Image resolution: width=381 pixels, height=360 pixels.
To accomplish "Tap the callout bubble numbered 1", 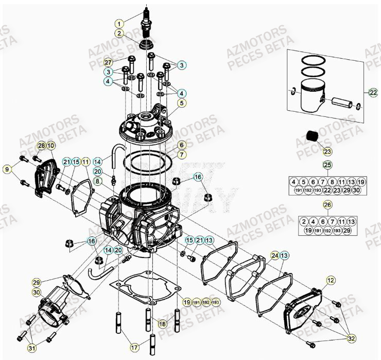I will [119, 23].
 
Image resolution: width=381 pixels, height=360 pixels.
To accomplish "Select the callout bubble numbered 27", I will [108, 61].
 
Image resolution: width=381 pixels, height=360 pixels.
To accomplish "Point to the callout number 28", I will [41, 146].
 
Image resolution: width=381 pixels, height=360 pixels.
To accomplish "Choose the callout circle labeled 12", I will [330, 280].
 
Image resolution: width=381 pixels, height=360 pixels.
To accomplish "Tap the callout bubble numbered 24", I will [274, 255].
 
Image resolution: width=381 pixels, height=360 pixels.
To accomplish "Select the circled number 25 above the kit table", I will [326, 165].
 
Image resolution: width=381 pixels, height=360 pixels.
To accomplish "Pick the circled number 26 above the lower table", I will [326, 204].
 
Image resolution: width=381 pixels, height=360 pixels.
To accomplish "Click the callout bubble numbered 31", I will [32, 349].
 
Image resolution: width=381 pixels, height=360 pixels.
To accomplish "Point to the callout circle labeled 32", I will [351, 338].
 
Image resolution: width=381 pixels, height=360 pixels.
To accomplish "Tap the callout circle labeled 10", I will [50, 146].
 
